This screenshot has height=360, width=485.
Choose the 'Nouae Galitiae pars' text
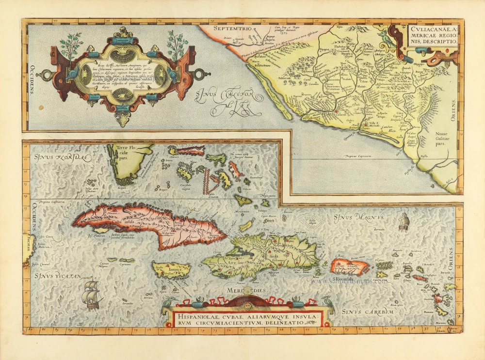pyautogui.click(x=441, y=137)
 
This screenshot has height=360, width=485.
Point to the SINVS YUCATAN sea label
pyautogui.click(x=57, y=277)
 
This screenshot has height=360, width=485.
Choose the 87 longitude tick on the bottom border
pyautogui.click(x=30, y=330)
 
